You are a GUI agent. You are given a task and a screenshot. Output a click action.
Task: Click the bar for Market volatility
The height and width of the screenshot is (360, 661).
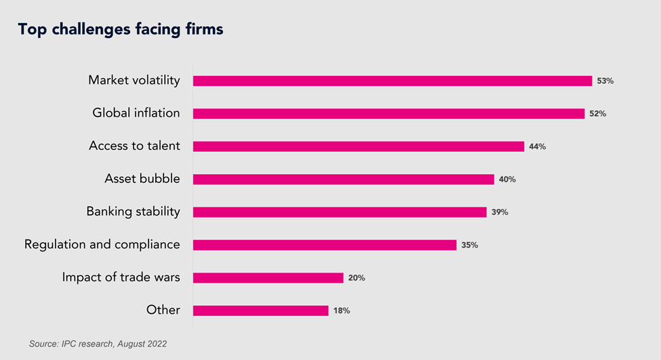pyautogui.click(x=393, y=81)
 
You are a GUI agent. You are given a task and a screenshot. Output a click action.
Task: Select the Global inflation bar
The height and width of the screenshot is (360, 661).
pyautogui.click(x=388, y=114)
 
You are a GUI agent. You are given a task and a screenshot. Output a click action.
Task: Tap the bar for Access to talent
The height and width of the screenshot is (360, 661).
pyautogui.click(x=359, y=146)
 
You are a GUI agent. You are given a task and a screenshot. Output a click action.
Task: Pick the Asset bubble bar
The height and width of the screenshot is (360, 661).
pyautogui.click(x=344, y=180)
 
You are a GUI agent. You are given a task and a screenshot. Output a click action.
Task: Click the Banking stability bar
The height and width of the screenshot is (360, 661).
pyautogui.click(x=340, y=212)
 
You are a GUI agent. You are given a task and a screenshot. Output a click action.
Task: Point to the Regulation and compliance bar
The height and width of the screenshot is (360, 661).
pyautogui.click(x=325, y=245)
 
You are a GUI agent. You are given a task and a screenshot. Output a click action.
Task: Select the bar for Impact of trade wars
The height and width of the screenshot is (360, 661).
pyautogui.click(x=268, y=278)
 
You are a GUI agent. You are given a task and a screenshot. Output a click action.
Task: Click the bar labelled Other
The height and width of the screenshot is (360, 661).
pyautogui.click(x=261, y=311)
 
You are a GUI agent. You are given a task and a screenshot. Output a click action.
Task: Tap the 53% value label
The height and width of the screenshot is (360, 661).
pyautogui.click(x=605, y=81)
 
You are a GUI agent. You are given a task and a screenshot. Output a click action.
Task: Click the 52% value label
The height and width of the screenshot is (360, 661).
pyautogui.click(x=597, y=114)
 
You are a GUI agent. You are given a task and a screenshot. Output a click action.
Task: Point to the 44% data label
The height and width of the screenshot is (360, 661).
pyautogui.click(x=538, y=146)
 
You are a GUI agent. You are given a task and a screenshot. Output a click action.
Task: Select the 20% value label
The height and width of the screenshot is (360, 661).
pyautogui.click(x=357, y=278)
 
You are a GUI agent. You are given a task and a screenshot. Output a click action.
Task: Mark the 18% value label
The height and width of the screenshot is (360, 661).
pyautogui.click(x=342, y=311)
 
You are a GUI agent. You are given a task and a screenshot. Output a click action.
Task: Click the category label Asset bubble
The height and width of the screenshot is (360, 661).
pyautogui.click(x=142, y=179)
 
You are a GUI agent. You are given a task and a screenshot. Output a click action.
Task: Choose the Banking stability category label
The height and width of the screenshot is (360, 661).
pyautogui.click(x=134, y=212)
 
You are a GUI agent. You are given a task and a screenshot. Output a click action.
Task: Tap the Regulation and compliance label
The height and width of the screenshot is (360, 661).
pyautogui.click(x=102, y=244)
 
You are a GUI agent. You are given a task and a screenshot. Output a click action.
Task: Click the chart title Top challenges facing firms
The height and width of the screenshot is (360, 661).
pyautogui.click(x=120, y=29)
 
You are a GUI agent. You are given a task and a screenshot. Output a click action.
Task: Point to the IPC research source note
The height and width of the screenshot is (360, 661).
pyautogui.click(x=98, y=344)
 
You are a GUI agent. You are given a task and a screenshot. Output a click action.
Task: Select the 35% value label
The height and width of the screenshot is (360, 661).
pyautogui.click(x=470, y=245)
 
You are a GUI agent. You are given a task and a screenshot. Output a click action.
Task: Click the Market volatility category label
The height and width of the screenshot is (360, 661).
pyautogui.click(x=134, y=81)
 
